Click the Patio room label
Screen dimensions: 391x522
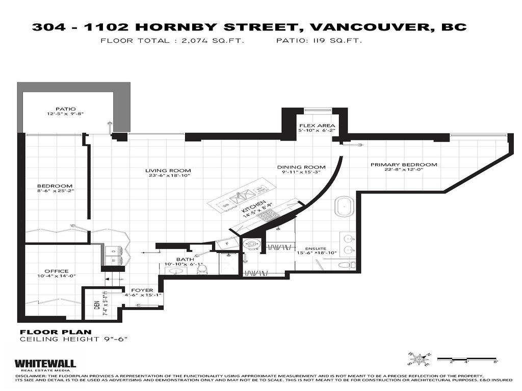tap(66, 109)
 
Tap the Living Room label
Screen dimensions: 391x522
tap(168, 171)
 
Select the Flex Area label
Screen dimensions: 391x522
tap(317, 125)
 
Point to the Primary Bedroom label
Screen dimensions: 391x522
tap(404, 164)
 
